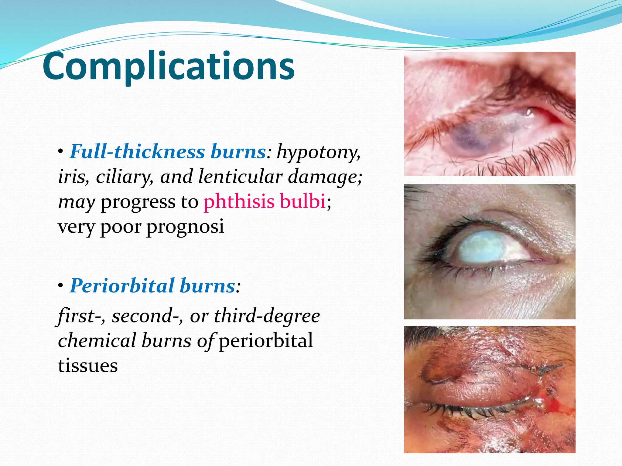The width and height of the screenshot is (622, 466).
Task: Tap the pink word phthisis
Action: tap(239, 201)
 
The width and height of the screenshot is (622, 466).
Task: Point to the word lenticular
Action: tap(240, 177)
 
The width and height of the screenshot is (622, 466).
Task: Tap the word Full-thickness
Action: tap(137, 152)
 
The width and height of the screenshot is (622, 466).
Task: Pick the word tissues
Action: tap(88, 366)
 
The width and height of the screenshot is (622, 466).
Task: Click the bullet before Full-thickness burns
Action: tap(61, 152)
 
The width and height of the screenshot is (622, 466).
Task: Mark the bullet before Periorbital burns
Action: tap(61, 286)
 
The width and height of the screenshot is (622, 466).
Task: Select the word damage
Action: tap(325, 177)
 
